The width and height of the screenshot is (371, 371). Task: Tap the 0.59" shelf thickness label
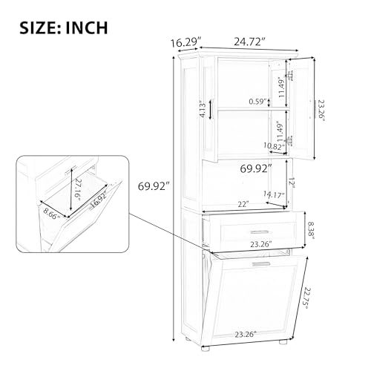pos(258,102)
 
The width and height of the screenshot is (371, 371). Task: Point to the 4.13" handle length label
pos(203,108)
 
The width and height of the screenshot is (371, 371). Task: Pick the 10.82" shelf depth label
pos(274,146)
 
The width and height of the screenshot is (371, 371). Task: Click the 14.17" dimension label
pos(274,194)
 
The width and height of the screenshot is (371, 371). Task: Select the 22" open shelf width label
pos(243,204)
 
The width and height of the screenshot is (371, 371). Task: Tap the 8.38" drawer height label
pos(310,230)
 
